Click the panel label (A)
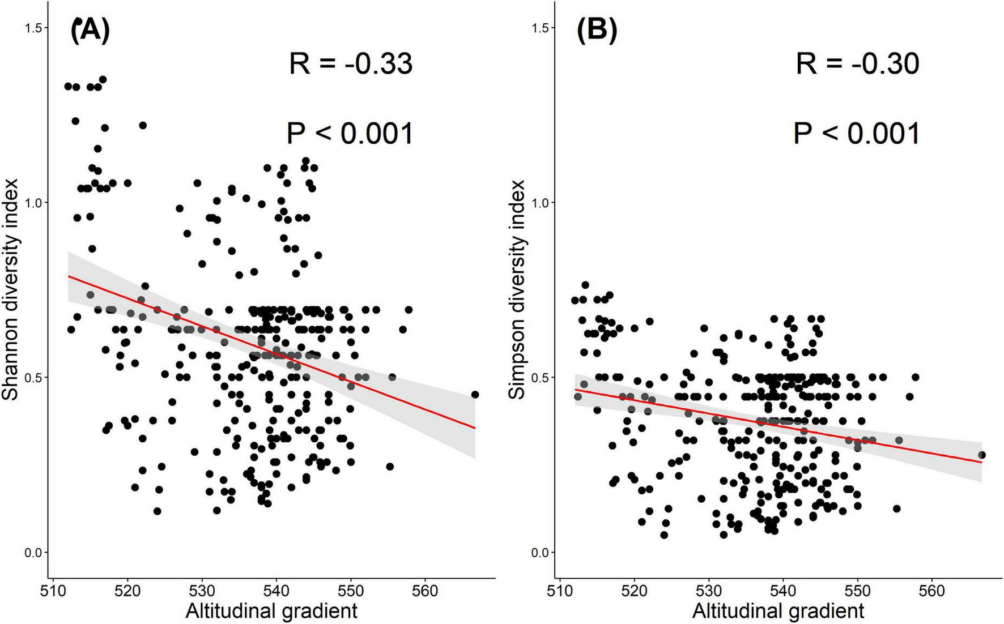pyautogui.click(x=90, y=31)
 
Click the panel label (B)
pyautogui.click(x=596, y=31)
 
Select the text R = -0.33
pyautogui.click(x=350, y=63)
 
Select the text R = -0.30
pyautogui.click(x=857, y=63)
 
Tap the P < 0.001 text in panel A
pyautogui.click(x=350, y=134)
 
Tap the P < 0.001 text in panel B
pyautogui.click(x=856, y=134)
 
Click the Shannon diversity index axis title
pyautogui.click(x=11, y=289)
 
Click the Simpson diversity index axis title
pyautogui.click(x=517, y=289)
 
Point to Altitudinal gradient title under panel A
pyautogui.click(x=271, y=611)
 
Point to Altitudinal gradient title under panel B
pyautogui.click(x=778, y=611)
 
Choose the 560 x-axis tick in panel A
pyautogui.click(x=425, y=591)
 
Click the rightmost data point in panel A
pyautogui.click(x=475, y=395)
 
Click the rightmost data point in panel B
pyautogui.click(x=981, y=455)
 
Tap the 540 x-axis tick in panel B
pyautogui.click(x=782, y=591)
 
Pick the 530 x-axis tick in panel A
pyautogui.click(x=202, y=591)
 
